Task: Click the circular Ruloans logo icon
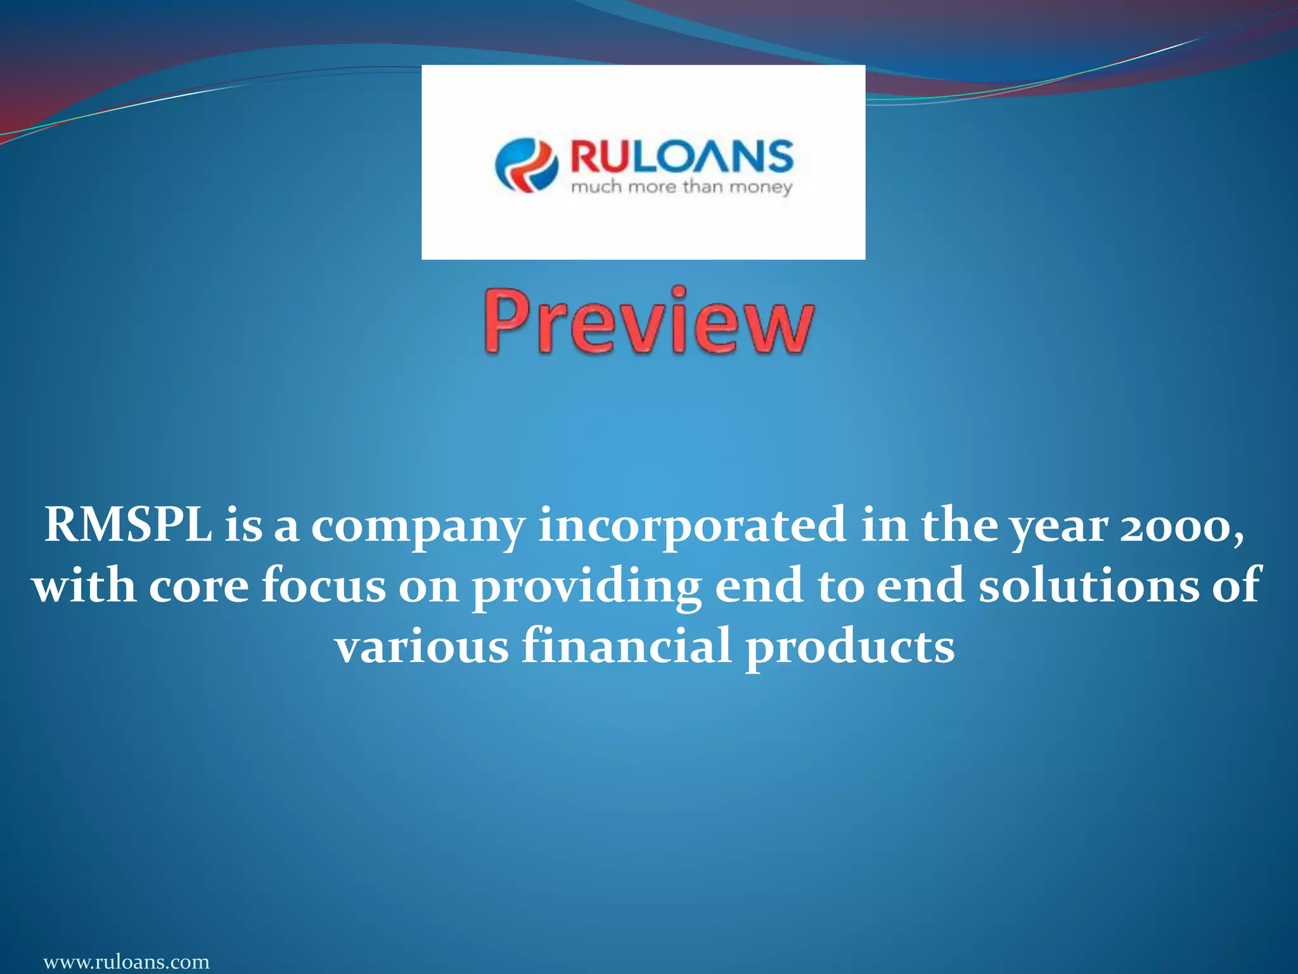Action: point(527,165)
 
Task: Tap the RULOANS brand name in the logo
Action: point(681,157)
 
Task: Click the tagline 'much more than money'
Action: point(681,188)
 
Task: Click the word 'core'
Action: point(198,586)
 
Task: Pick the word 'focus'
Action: point(324,586)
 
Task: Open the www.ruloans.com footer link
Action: point(126,961)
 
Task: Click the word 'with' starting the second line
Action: point(84,586)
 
